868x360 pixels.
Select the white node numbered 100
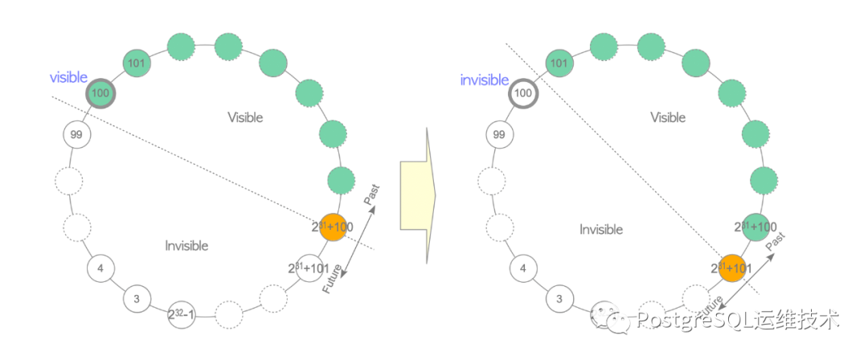click(x=523, y=93)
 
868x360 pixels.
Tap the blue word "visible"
click(x=68, y=78)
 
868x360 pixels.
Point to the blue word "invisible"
click(x=484, y=80)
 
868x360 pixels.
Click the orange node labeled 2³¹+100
click(x=333, y=227)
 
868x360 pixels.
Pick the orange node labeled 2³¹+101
click(x=732, y=268)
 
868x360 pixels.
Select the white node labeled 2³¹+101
click(x=310, y=268)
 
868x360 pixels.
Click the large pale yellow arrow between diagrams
click(x=417, y=193)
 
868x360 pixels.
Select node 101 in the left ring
click(x=137, y=63)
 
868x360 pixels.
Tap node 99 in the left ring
click(x=76, y=134)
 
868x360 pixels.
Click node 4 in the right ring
click(x=523, y=268)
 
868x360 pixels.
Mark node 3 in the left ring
click(x=137, y=299)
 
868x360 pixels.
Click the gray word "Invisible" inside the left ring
click(x=186, y=246)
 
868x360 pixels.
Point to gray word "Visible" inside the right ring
click(x=668, y=117)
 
